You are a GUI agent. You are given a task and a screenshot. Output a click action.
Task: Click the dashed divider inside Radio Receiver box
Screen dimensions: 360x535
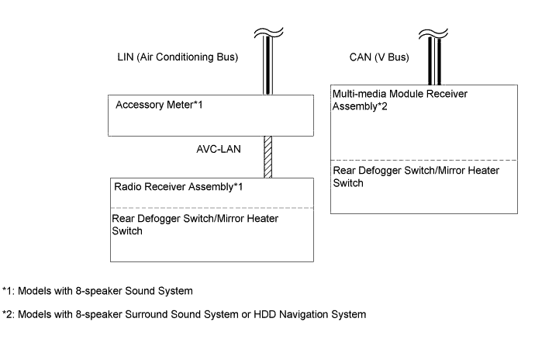[x=212, y=208]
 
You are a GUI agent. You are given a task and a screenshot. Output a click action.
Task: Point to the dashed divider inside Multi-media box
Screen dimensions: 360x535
[x=423, y=160]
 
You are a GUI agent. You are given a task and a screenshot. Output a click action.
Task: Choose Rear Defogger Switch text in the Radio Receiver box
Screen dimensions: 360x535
[x=195, y=224]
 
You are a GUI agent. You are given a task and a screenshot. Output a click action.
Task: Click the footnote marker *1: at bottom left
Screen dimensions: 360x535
[x=9, y=292]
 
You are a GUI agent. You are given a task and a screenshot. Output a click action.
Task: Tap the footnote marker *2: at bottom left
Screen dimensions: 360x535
[x=9, y=315]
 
